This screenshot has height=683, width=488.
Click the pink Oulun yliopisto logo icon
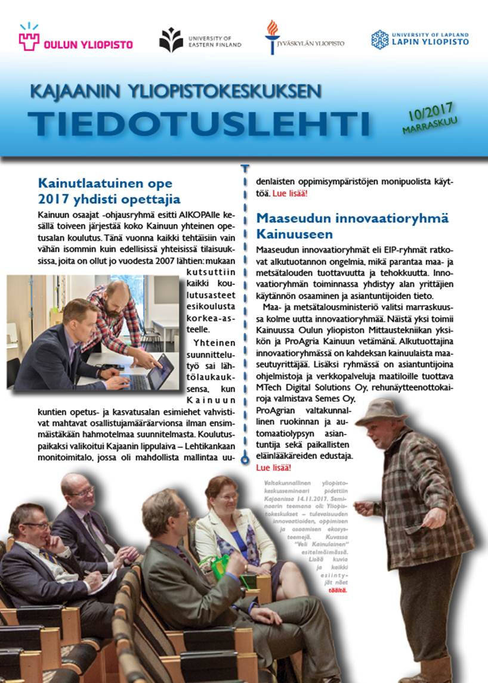pyautogui.click(x=29, y=38)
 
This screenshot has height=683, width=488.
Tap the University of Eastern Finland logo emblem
pyautogui.click(x=171, y=40)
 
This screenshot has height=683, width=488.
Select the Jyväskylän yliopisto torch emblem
pyautogui.click(x=272, y=36)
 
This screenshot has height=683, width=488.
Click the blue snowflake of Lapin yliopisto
pyautogui.click(x=379, y=39)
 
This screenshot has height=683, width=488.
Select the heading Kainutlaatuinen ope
pyautogui.click(x=104, y=183)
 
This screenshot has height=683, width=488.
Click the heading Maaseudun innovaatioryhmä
pyautogui.click(x=353, y=218)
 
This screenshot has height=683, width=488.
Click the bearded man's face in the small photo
pyautogui.click(x=117, y=296)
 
